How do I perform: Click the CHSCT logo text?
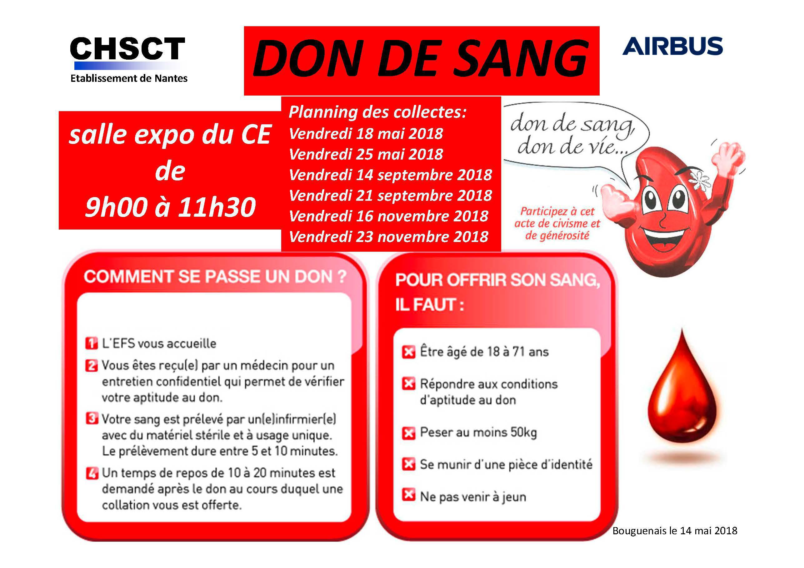(127, 49)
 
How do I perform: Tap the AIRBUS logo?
(672, 46)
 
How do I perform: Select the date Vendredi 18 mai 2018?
(366, 134)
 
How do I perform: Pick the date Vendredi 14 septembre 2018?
(391, 175)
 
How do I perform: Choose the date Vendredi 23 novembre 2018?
(389, 237)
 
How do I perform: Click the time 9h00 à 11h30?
(171, 207)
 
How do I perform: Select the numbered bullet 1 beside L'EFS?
(91, 343)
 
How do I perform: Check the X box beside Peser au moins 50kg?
(408, 433)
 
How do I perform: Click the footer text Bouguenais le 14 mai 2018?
(675, 531)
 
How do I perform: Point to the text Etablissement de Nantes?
(129, 78)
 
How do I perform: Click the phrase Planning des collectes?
(377, 112)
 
